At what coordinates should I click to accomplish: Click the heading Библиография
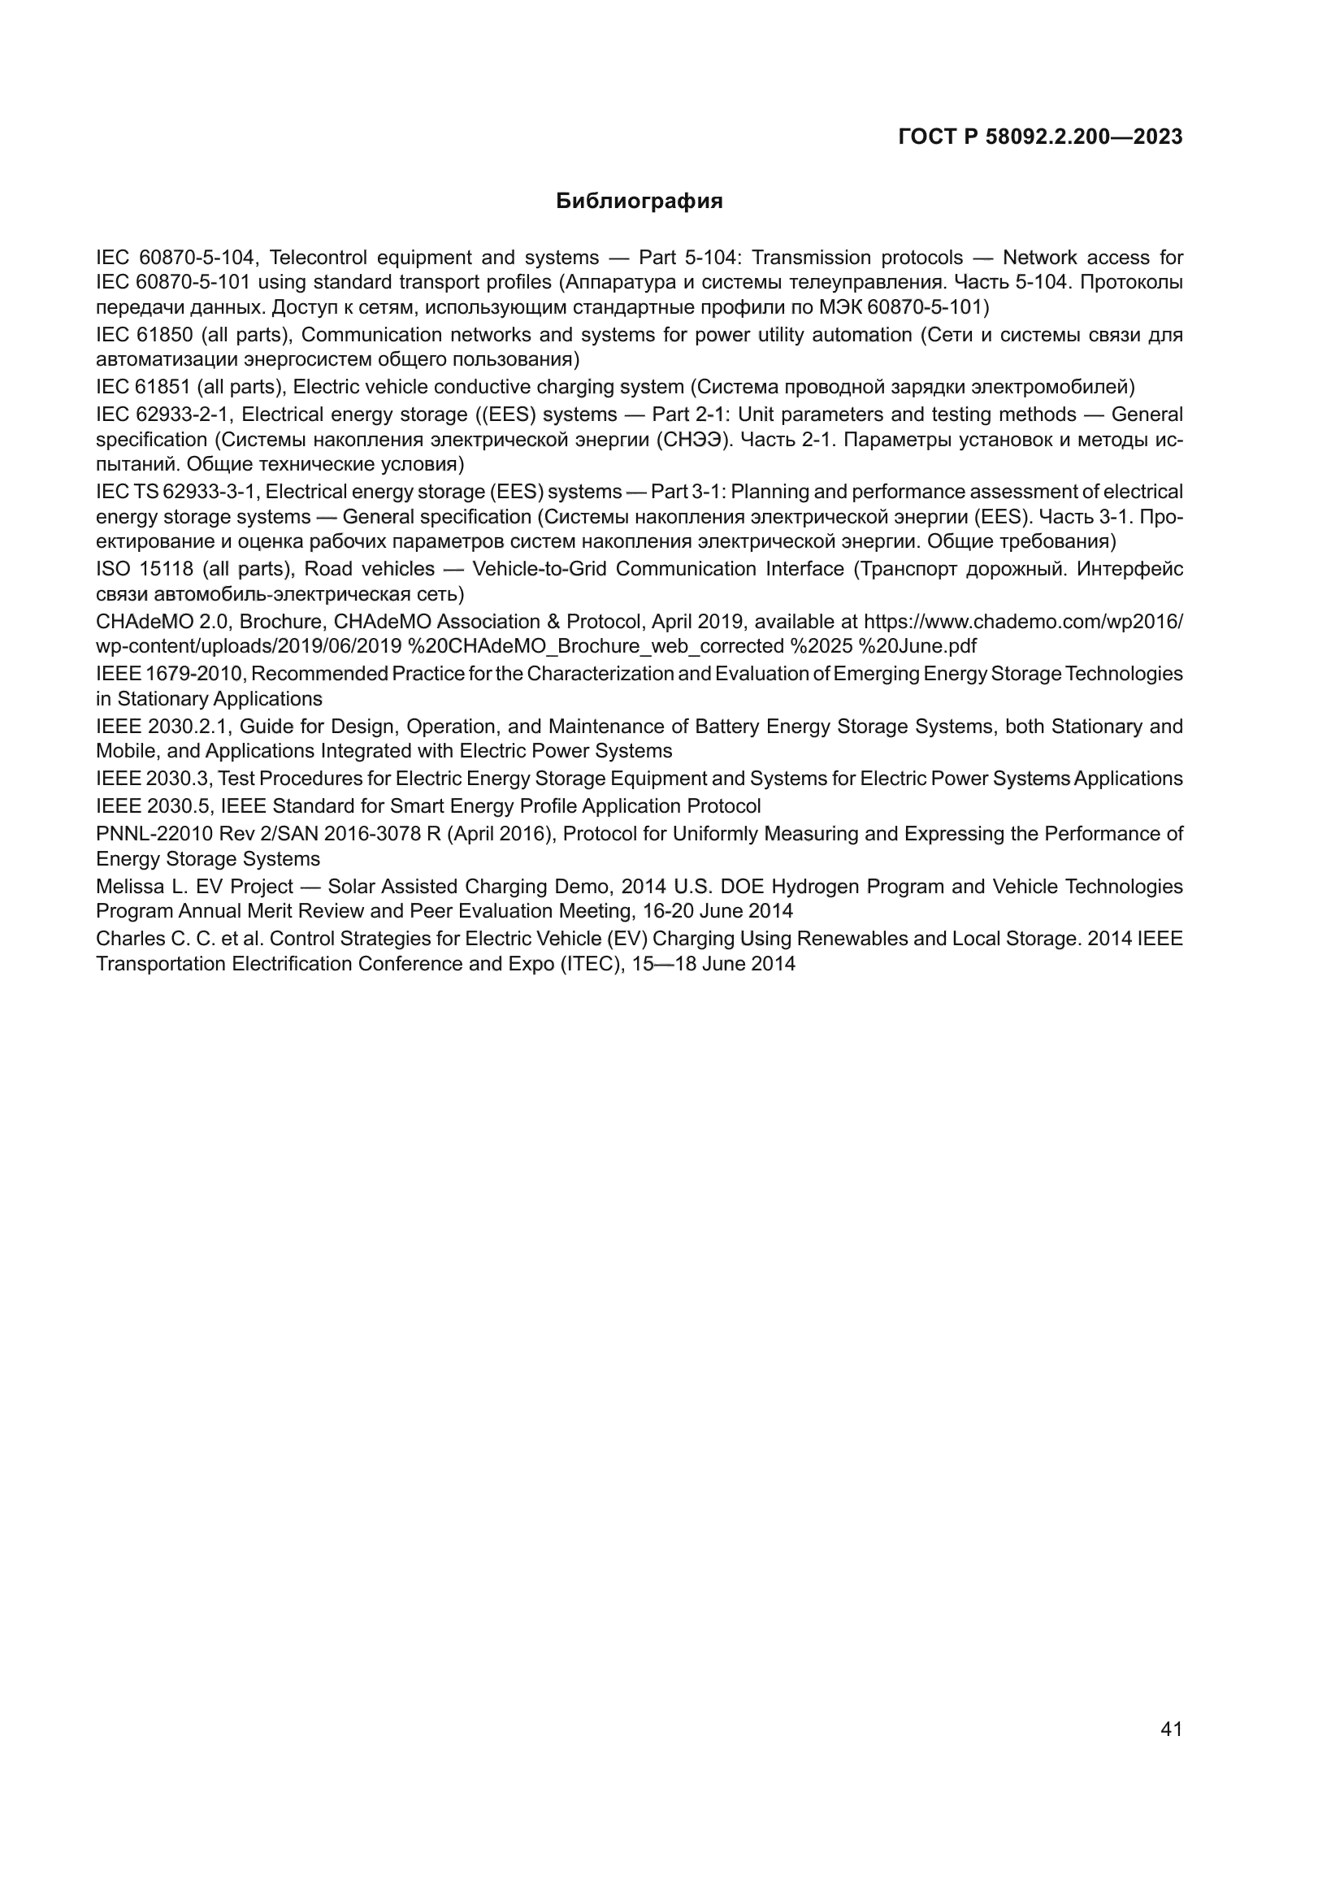pos(639,202)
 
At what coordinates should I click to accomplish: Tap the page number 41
pos(1171,1729)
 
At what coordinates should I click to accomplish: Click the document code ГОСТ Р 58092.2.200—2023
pos(1040,137)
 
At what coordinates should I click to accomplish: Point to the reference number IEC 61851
pos(144,387)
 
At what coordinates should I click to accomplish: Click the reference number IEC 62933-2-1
pos(163,414)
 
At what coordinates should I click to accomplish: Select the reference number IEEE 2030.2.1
pos(163,726)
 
